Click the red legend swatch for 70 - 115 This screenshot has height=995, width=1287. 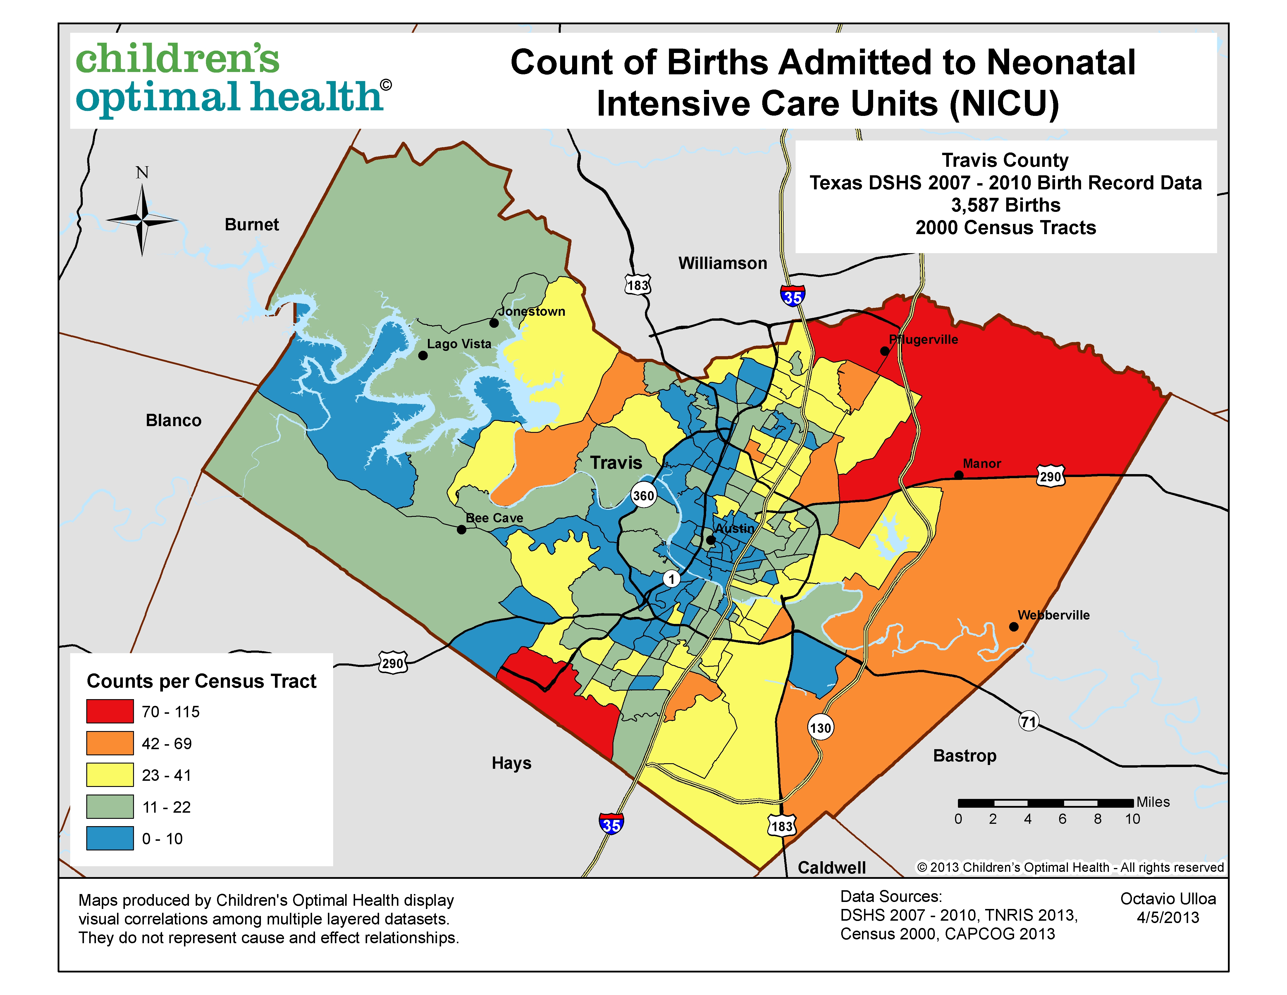(110, 711)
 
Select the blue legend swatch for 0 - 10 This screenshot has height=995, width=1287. (110, 838)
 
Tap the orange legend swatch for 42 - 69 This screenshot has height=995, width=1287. (110, 743)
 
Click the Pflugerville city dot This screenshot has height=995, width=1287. (885, 351)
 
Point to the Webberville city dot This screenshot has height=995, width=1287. (1014, 627)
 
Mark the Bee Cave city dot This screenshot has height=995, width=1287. (461, 529)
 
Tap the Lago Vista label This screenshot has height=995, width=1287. (459, 344)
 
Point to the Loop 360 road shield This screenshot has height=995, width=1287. (643, 495)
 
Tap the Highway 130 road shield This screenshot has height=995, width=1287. (820, 728)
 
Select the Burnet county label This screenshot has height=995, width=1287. (252, 224)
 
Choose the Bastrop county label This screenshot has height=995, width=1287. (965, 756)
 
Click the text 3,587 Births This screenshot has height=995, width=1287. (1005, 205)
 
